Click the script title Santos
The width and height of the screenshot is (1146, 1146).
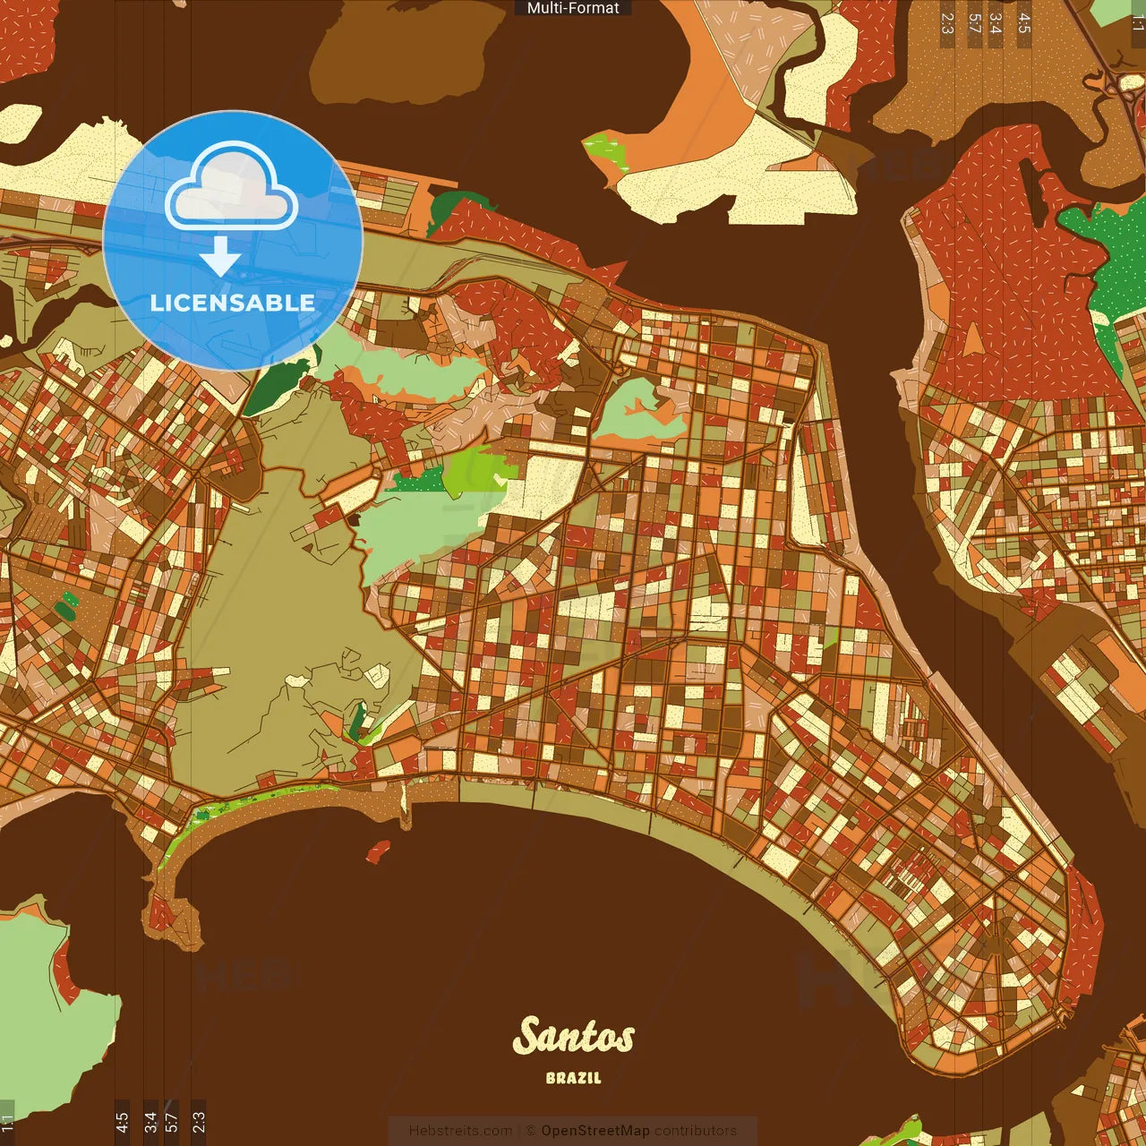click(x=573, y=1037)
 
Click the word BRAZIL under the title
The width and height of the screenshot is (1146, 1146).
click(x=573, y=1078)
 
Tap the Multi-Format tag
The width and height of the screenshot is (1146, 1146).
click(x=573, y=8)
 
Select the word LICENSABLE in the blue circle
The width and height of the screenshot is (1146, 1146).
click(x=233, y=303)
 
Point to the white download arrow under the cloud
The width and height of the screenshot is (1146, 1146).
click(x=220, y=256)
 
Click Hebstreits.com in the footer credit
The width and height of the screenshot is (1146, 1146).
click(x=460, y=1131)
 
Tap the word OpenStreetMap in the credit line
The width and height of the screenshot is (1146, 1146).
click(x=594, y=1131)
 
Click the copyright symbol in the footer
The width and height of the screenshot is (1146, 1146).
click(x=530, y=1131)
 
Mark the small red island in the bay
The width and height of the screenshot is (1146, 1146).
click(x=378, y=851)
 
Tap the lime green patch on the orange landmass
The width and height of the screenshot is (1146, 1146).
click(x=609, y=150)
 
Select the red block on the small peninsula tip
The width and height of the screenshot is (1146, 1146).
click(x=161, y=913)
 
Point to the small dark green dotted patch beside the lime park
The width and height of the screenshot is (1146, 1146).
click(x=418, y=482)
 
